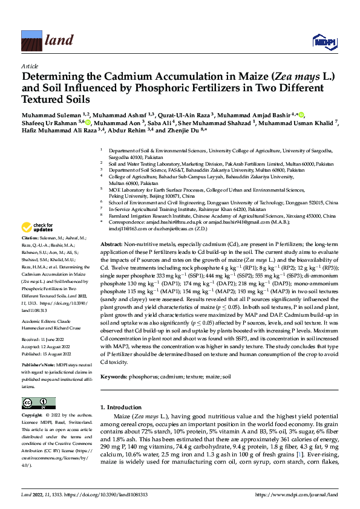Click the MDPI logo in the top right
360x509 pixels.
[324, 41]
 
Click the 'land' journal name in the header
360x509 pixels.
[57, 41]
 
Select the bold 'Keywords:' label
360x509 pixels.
[115, 377]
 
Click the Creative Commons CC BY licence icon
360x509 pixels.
[35, 403]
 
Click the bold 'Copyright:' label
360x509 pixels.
[33, 416]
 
